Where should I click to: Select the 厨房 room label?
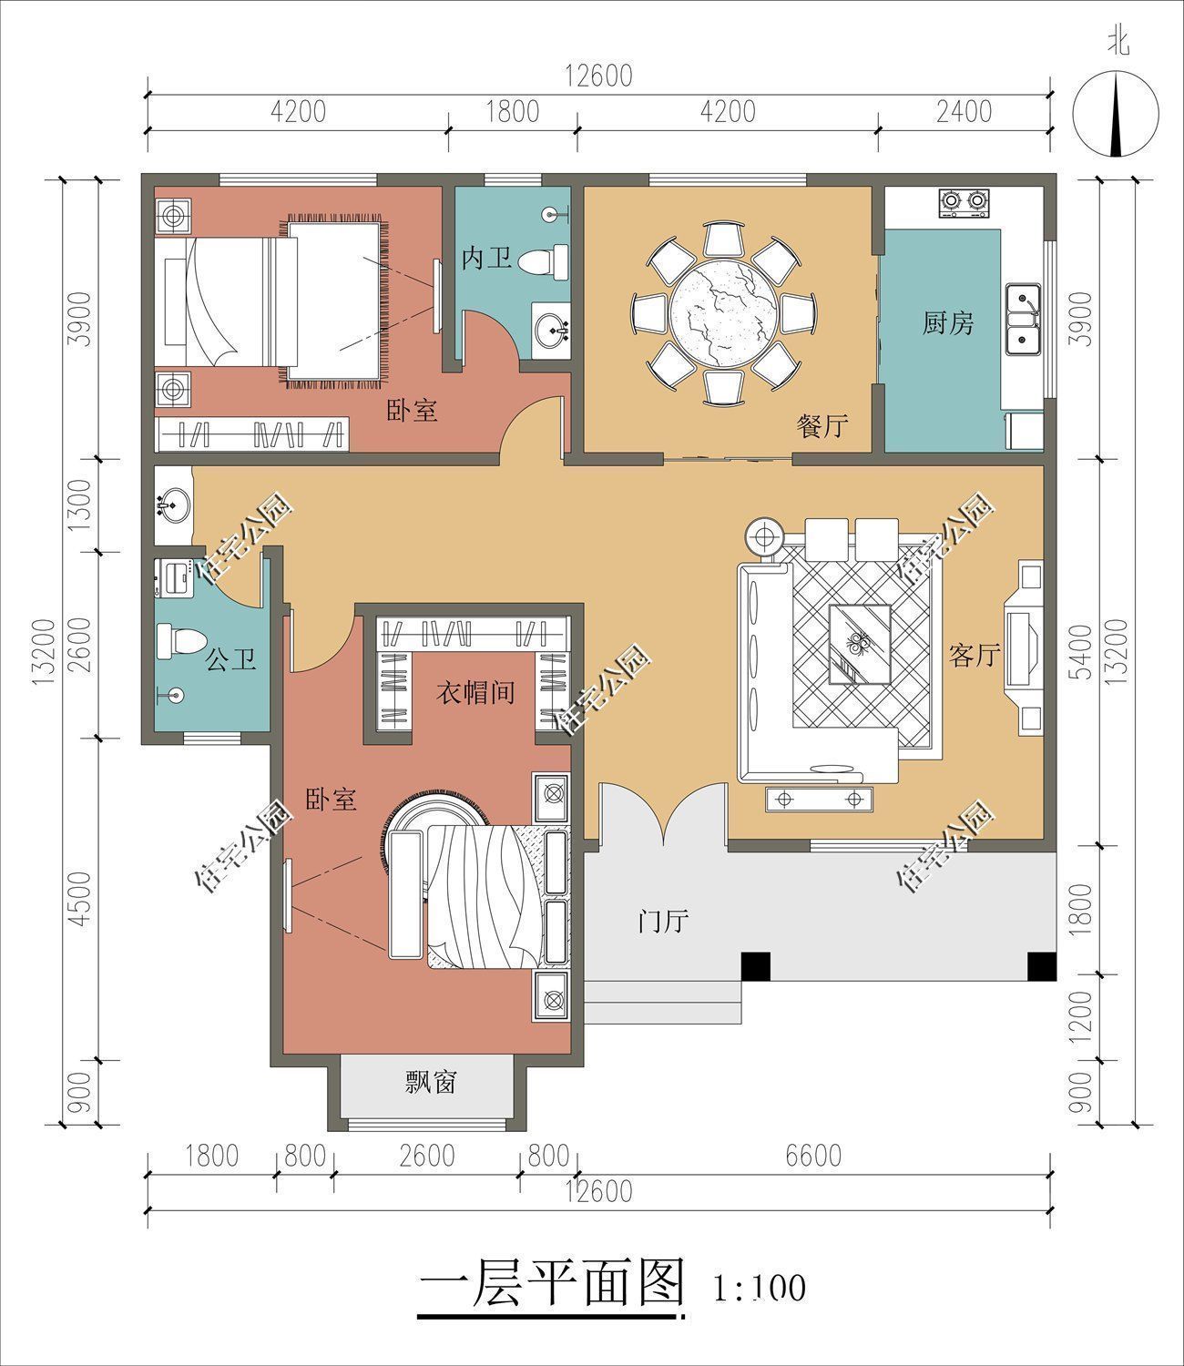947,323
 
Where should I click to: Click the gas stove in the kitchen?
964,203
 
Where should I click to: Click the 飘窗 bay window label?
430,1082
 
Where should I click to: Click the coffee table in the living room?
859,644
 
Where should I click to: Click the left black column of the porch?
756,966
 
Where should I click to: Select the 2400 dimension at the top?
964,111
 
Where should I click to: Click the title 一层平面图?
552,1285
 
